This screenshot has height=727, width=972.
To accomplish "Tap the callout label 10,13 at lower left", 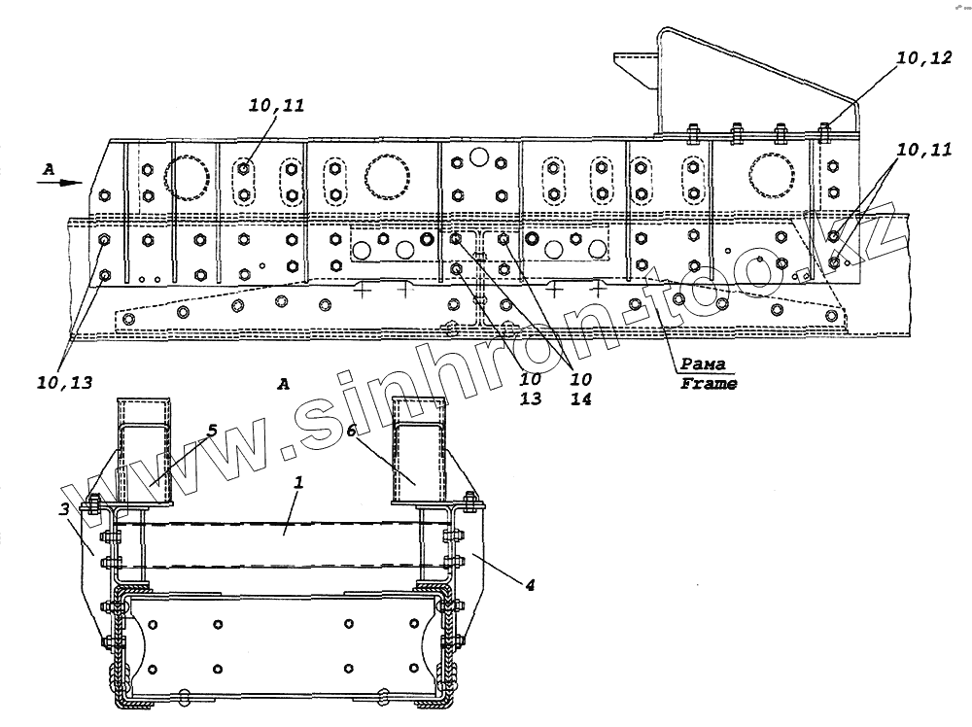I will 67,382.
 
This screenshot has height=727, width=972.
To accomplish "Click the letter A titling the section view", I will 283,384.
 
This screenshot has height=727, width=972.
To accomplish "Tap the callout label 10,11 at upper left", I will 275,108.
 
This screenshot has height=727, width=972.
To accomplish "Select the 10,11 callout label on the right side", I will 923,150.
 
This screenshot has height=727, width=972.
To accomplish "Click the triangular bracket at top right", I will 739,87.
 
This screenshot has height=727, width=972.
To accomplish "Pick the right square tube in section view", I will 420,450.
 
